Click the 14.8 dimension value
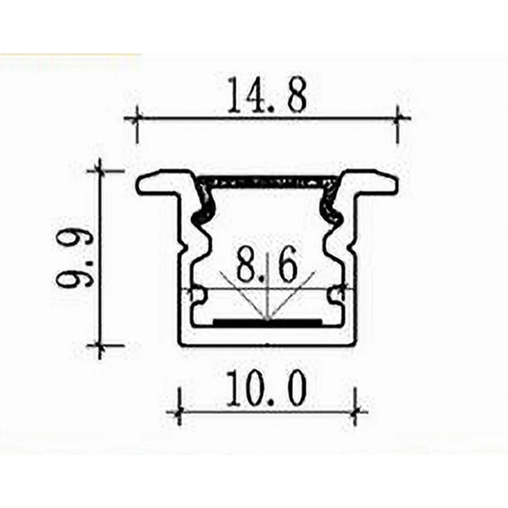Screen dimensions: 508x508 (x=266, y=95)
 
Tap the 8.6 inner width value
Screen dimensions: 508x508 (x=267, y=264)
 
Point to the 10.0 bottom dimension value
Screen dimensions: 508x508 (x=266, y=388)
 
